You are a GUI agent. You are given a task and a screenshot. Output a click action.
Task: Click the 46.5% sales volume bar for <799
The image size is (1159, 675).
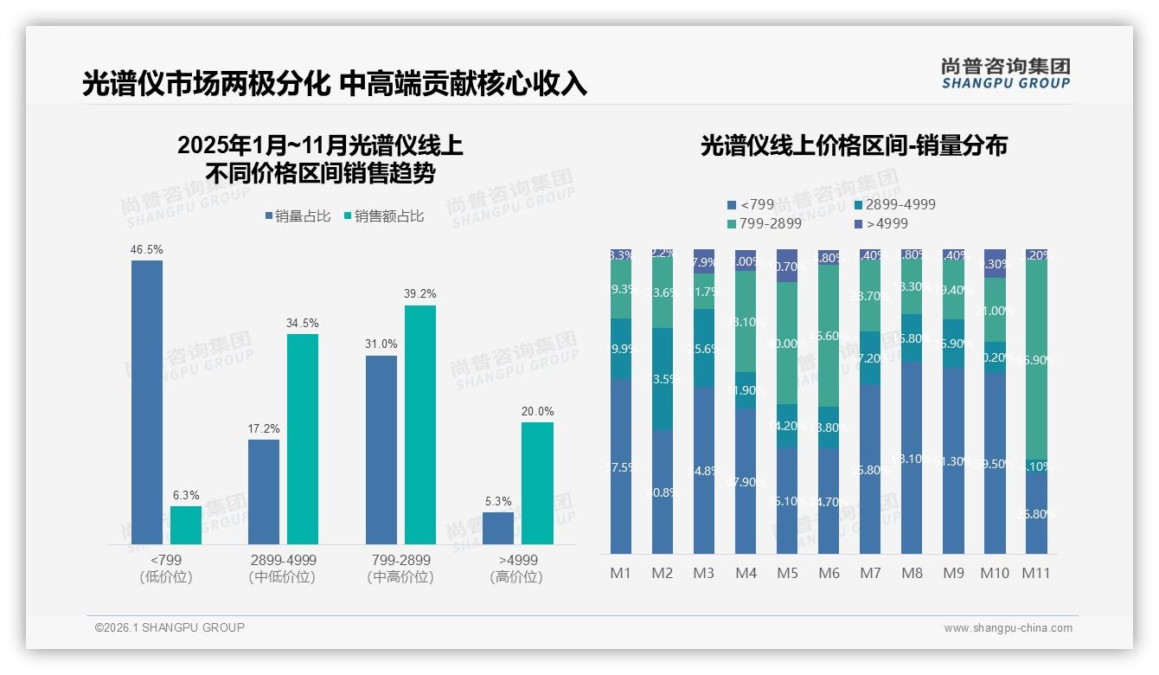pos(147,402)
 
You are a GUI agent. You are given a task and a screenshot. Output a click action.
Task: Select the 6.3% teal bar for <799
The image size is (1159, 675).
pos(186,525)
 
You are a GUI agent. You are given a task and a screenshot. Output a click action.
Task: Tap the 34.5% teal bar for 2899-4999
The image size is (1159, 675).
pos(303,439)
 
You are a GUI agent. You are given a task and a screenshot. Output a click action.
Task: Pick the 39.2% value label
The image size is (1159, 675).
pos(420,294)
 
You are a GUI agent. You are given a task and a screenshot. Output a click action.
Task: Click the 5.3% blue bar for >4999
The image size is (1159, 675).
pos(498,528)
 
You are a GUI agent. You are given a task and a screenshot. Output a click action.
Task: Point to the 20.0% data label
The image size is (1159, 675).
pos(537,411)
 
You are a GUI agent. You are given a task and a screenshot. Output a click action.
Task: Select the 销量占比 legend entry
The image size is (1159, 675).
pos(298,216)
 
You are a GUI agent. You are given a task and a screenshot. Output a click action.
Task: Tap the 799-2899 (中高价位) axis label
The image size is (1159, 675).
pos(399,569)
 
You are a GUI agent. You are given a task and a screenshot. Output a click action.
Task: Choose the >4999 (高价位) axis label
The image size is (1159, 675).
pos(516,569)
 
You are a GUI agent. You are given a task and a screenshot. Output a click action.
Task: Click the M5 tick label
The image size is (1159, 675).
pos(787,573)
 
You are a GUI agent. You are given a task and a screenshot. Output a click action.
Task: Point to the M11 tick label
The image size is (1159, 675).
pos(1036,573)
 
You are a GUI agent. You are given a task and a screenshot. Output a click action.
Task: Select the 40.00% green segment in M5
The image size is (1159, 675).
pos(787,343)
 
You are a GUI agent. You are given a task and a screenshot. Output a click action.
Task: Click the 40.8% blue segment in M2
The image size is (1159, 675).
pos(663,492)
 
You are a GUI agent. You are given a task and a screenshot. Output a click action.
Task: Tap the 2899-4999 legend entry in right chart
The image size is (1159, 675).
pos(894,205)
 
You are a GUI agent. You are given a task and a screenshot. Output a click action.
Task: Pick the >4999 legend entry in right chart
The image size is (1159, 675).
pos(880,224)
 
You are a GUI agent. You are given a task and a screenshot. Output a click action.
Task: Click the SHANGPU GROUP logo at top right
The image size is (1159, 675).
pos(1005,74)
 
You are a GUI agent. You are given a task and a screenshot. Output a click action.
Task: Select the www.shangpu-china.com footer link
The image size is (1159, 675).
pos(1008,628)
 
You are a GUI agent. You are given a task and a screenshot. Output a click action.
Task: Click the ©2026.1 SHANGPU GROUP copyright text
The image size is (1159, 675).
pos(170,627)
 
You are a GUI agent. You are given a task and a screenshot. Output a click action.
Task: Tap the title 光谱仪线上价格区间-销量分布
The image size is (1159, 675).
pos(853,145)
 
